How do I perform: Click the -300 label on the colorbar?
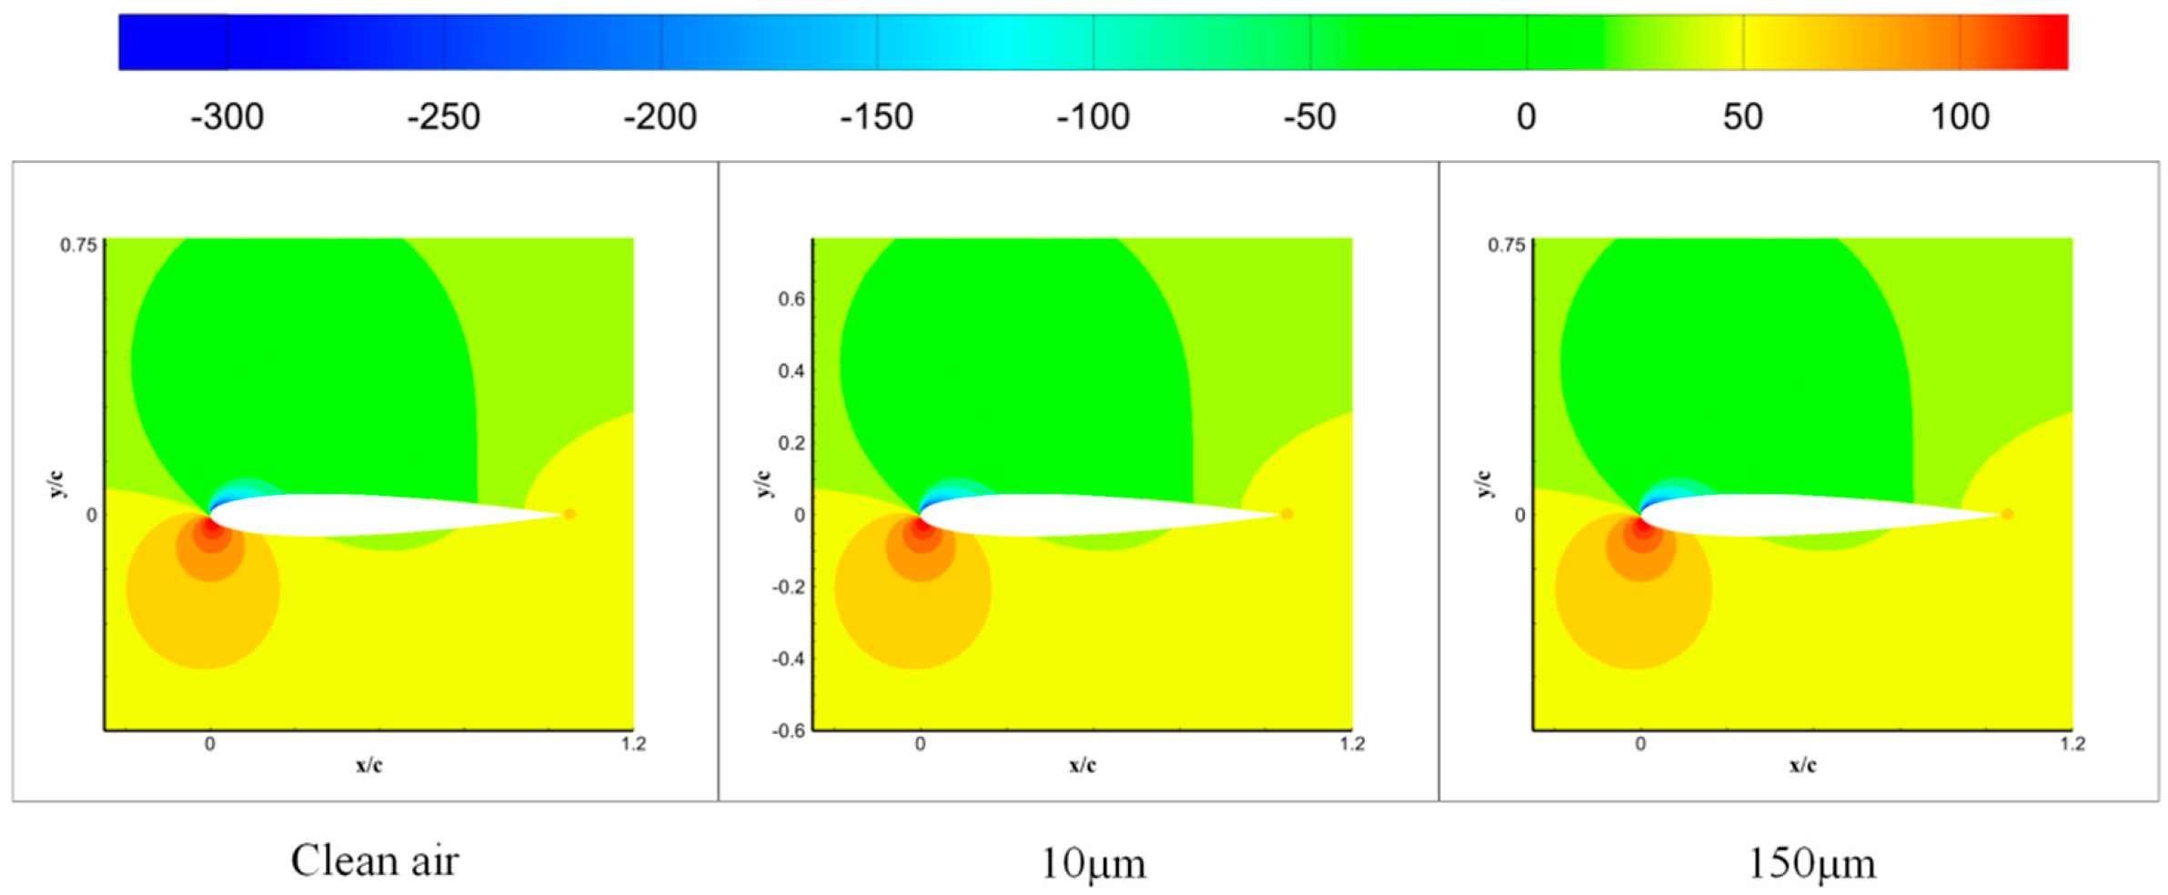pyautogui.click(x=227, y=117)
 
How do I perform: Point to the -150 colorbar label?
pyautogui.click(x=876, y=117)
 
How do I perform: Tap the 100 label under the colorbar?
pyautogui.click(x=1960, y=117)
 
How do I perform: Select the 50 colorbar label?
pyautogui.click(x=1742, y=117)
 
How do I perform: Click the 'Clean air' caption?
pyautogui.click(x=375, y=860)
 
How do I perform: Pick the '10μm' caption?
pyautogui.click(x=1093, y=862)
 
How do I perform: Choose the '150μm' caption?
pyautogui.click(x=1811, y=862)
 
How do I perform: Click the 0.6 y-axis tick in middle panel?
pyautogui.click(x=792, y=299)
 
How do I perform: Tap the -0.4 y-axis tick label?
pyautogui.click(x=788, y=659)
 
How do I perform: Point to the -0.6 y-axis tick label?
pyautogui.click(x=788, y=730)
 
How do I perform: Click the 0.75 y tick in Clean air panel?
pyautogui.click(x=78, y=246)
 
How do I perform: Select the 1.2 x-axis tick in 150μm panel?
pyautogui.click(x=2072, y=744)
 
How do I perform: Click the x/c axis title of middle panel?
pyautogui.click(x=1082, y=765)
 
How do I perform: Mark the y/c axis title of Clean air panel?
pyautogui.click(x=58, y=485)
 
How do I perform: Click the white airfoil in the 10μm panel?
pyautogui.click(x=1074, y=515)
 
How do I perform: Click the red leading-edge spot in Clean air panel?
pyautogui.click(x=209, y=525)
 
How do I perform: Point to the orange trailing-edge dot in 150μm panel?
pyautogui.click(x=2008, y=514)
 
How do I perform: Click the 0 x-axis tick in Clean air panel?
pyautogui.click(x=210, y=744)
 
